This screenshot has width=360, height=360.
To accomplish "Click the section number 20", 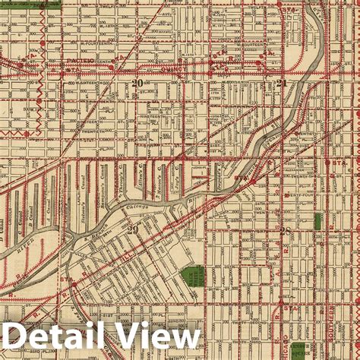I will pos(137,84).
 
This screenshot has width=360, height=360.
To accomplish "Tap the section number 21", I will pos(282,84).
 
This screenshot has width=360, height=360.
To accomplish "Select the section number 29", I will pos(134,229).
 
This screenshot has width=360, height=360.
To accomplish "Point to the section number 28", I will pos(286,231).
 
